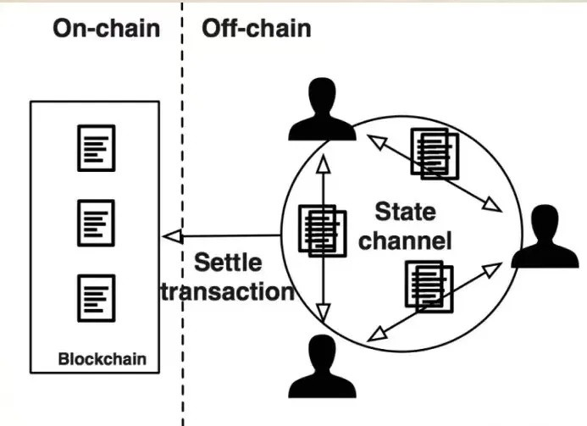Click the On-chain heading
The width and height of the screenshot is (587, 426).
click(x=106, y=28)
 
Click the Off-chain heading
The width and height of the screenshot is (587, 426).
click(x=256, y=28)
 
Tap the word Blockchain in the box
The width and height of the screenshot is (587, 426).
click(x=102, y=358)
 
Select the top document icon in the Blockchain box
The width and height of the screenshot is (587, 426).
click(x=96, y=147)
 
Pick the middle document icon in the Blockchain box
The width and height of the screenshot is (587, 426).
click(x=96, y=221)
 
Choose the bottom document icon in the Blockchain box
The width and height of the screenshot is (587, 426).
click(x=96, y=297)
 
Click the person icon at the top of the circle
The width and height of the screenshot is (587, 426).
click(x=321, y=110)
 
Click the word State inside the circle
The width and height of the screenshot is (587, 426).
click(x=404, y=210)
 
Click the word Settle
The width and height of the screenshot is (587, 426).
click(x=228, y=262)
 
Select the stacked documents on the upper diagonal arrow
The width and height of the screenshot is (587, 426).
click(x=435, y=153)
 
